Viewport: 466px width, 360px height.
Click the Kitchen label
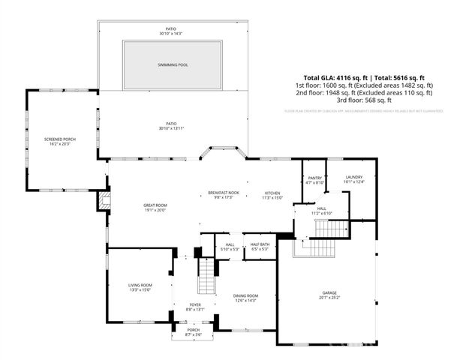[x=272, y=193]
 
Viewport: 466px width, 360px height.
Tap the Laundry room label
[x=353, y=178]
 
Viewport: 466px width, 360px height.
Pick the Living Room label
[x=140, y=285]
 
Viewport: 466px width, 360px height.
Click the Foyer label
[x=195, y=305]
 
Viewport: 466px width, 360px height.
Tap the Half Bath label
[x=260, y=244]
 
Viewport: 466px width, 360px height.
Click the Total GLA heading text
[x=364, y=77]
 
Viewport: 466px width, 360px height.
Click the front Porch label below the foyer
[x=194, y=330]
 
